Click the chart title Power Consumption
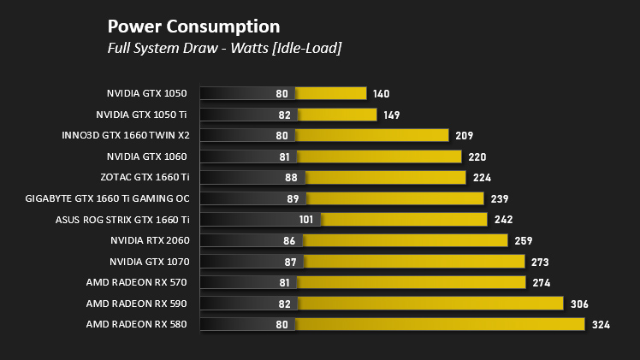[194, 27]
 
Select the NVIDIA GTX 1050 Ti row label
[141, 115]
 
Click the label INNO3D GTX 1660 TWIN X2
[126, 135]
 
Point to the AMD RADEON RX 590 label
[136, 304]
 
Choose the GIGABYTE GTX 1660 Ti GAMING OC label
[107, 198]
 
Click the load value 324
[601, 325]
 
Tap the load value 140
[382, 94]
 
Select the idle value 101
[306, 220]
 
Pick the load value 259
[524, 241]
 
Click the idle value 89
[293, 199]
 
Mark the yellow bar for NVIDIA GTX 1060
[379, 156]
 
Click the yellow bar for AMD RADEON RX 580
[440, 325]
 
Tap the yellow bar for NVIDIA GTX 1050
[330, 93]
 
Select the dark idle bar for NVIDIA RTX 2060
[252, 240]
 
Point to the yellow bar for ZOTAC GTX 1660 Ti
[386, 177]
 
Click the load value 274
[542, 283]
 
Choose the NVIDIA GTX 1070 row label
[150, 262]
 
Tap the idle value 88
[291, 178]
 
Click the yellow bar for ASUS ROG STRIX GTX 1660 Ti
[404, 220]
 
